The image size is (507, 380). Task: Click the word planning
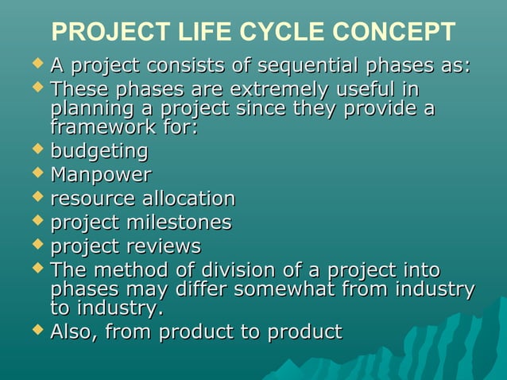point(88,108)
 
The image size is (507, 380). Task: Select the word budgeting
point(99,151)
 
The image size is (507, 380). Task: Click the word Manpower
point(101,174)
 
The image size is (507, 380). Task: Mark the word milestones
point(179,222)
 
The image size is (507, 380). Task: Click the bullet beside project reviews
point(37,242)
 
